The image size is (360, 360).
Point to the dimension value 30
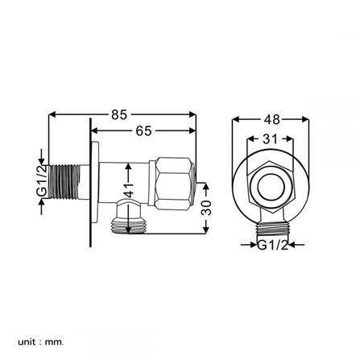click(x=208, y=210)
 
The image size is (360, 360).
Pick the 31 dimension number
click(x=270, y=139)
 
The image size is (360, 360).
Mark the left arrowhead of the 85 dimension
click(x=54, y=114)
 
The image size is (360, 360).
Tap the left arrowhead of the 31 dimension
click(x=251, y=139)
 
